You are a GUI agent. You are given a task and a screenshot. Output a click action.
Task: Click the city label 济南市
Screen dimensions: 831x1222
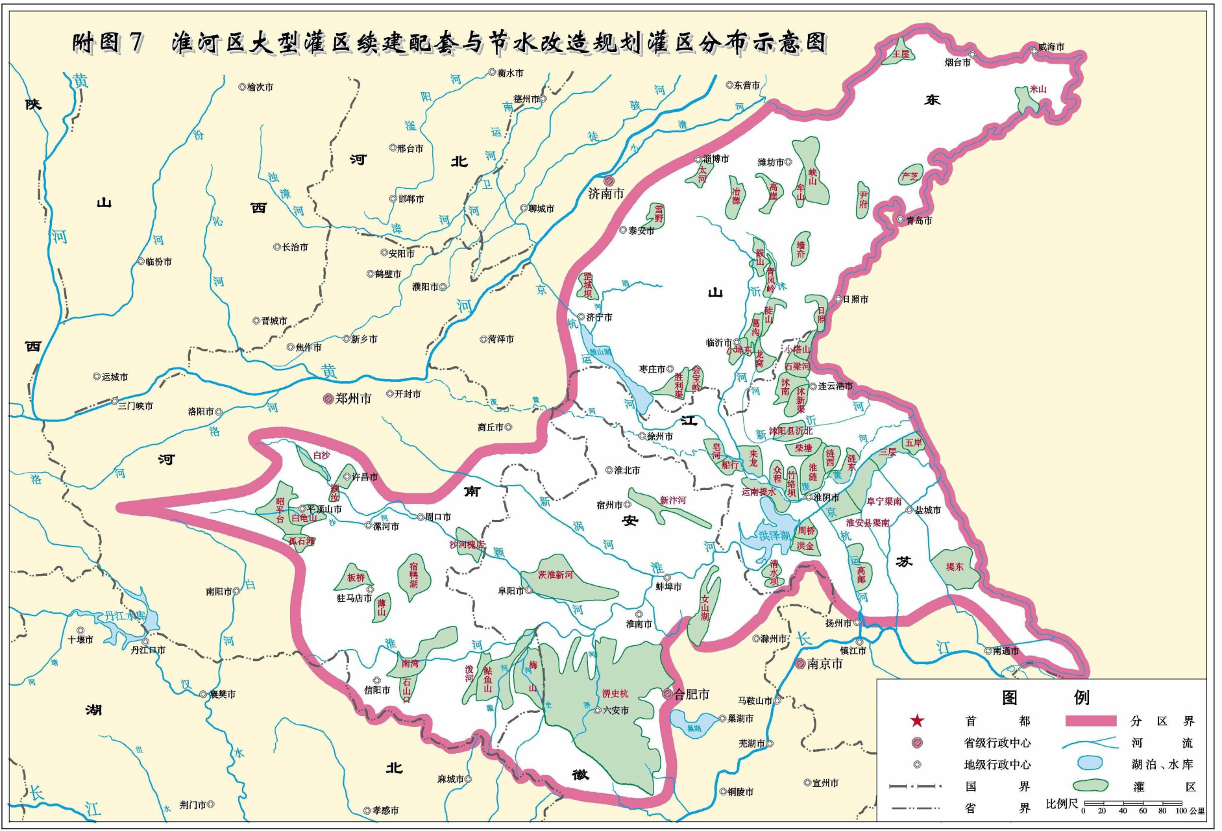pos(606,193)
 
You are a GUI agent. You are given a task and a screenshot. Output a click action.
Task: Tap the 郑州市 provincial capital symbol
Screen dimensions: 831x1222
pos(328,399)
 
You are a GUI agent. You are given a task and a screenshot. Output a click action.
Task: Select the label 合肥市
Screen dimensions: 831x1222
pos(692,694)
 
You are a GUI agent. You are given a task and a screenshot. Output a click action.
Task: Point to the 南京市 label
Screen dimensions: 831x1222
pos(825,664)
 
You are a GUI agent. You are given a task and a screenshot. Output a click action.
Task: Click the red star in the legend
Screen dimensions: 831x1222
pos(917,721)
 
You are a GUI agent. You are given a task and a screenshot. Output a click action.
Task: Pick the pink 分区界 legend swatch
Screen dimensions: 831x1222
pos(1091,721)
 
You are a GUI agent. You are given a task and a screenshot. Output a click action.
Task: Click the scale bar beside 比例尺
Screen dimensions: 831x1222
pos(1132,803)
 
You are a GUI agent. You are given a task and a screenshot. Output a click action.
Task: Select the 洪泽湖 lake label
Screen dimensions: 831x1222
pos(775,536)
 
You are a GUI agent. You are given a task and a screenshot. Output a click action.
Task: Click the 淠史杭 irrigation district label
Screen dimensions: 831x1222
pos(615,693)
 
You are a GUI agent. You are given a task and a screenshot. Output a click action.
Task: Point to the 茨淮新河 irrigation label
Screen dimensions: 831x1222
pos(556,575)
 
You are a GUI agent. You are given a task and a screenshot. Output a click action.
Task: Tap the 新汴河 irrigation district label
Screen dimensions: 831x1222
pos(673,500)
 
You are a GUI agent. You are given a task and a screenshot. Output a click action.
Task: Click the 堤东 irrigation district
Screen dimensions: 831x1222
pos(955,567)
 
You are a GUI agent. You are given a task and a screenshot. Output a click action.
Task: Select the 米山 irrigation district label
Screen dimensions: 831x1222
pos(1038,89)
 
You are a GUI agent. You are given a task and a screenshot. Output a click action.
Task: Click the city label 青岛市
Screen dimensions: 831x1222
pos(919,221)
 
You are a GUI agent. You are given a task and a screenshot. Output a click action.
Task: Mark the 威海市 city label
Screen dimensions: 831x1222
pos(1051,47)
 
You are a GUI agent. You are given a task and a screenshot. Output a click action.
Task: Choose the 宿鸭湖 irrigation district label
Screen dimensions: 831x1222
pos(413,575)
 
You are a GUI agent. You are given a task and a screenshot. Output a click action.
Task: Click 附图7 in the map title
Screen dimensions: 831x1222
pos(107,43)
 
